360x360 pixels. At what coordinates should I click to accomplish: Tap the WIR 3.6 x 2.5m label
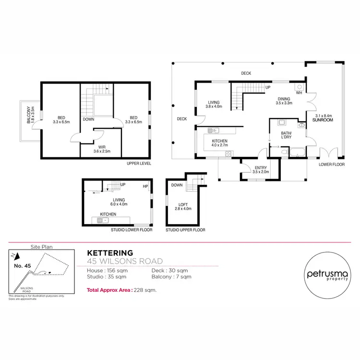(102, 149)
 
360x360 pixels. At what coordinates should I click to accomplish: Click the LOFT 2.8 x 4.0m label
(182, 206)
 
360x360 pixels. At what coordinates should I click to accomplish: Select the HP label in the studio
(144, 187)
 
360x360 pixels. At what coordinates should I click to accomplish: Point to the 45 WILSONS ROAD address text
(124, 261)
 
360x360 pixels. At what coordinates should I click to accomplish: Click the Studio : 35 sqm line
(107, 277)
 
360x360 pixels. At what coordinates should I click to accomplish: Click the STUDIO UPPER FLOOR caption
(185, 230)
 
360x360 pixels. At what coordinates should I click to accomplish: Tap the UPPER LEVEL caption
(139, 164)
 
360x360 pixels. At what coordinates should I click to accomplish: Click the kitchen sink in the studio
(101, 220)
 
